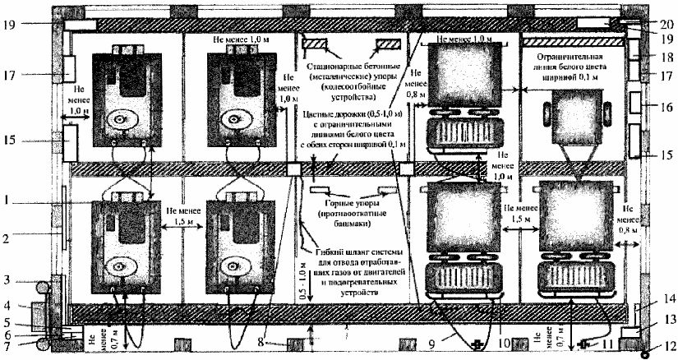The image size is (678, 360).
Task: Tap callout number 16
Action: (666, 108)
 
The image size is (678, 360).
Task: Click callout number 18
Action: (666, 57)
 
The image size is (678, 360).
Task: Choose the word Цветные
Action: (321, 113)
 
